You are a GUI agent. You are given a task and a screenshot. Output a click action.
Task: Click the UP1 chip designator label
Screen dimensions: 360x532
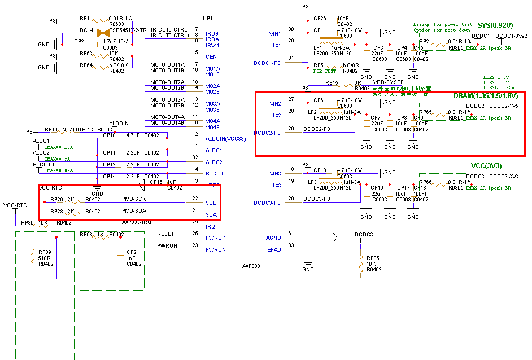pos(208,19)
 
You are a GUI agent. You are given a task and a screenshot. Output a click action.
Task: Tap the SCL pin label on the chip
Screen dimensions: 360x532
pos(211,203)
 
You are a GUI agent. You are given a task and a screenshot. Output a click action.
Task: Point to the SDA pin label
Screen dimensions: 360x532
pos(211,214)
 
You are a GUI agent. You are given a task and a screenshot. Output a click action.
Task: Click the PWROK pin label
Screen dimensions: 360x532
pos(216,238)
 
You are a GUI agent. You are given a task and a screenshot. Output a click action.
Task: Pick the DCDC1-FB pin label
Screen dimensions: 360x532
pos(267,63)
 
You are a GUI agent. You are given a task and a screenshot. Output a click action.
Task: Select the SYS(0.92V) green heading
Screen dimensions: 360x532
pos(495,25)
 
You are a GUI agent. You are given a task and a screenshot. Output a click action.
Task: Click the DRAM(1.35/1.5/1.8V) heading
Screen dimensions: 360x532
pos(485,96)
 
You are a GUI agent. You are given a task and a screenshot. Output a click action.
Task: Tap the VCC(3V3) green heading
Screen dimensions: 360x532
pos(486,166)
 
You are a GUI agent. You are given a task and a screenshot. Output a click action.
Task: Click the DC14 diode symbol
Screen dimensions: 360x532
pos(103,33)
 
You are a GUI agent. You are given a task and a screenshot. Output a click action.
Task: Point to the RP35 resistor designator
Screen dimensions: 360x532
pos(373,258)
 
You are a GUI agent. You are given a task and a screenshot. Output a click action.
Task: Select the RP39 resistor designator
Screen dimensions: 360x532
pos(45,252)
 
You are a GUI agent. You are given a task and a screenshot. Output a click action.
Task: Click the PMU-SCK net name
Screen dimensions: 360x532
pos(134,199)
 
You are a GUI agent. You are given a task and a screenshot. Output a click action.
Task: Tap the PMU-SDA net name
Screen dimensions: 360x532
pos(134,211)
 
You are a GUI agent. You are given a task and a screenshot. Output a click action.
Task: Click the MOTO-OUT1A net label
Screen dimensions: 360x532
pos(167,64)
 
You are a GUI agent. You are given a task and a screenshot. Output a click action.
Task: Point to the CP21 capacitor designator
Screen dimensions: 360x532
pos(133,252)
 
